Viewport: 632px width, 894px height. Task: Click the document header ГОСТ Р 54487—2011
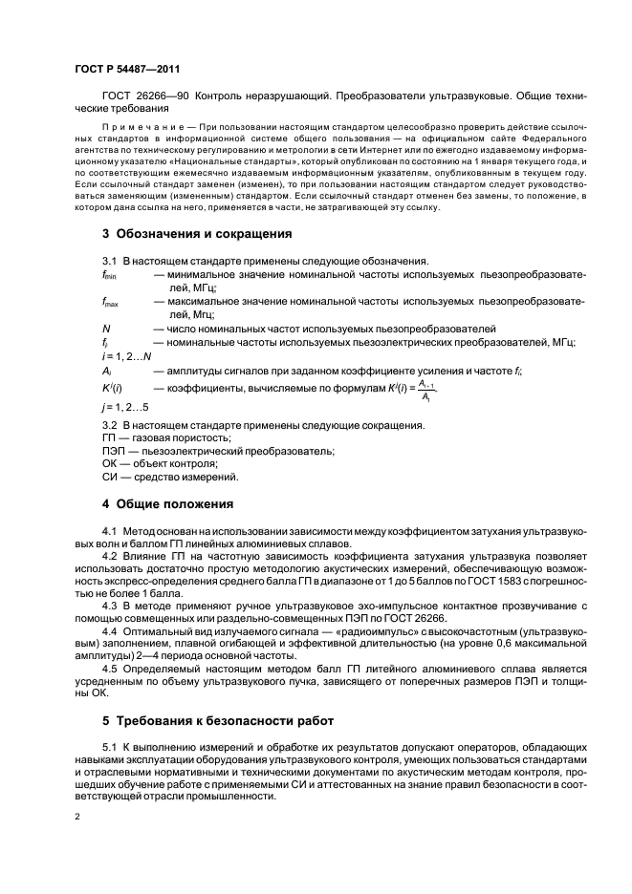[x=126, y=68]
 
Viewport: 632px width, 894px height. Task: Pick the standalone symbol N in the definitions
[x=106, y=328]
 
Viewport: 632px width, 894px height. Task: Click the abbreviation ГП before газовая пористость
[x=109, y=437]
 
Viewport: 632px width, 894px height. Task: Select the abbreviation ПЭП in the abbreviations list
[x=114, y=451]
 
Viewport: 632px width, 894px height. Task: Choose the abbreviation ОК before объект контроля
[x=109, y=463]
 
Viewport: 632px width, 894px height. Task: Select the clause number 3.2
[x=109, y=424]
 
